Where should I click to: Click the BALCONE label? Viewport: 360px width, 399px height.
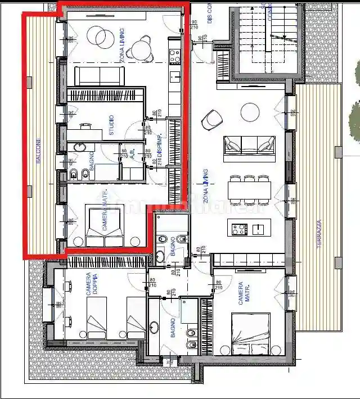click(x=38, y=151)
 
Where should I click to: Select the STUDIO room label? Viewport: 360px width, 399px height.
click(x=111, y=125)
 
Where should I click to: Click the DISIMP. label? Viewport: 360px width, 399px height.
click(x=159, y=145)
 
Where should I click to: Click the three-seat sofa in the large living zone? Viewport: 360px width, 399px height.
click(x=249, y=145)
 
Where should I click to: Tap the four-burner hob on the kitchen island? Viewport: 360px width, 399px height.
click(x=238, y=228)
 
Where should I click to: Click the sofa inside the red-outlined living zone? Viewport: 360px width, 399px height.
click(x=100, y=76)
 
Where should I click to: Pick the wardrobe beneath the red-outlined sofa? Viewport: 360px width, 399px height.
click(x=106, y=96)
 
